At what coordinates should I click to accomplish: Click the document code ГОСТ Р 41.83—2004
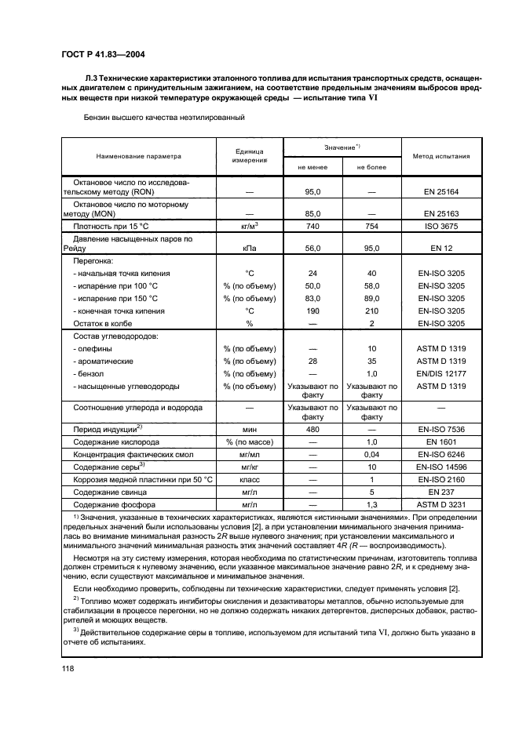tap(101, 54)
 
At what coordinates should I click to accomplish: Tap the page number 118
tap(68, 668)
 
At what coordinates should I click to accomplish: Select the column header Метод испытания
tap(441, 156)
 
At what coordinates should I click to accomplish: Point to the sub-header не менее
tap(312, 167)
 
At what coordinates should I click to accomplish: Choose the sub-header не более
tap(371, 167)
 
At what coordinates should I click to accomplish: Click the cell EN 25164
tap(441, 191)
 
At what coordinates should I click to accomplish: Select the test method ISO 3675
tap(441, 226)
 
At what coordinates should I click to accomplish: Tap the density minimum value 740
tap(312, 226)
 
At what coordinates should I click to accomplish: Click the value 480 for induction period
tap(312, 430)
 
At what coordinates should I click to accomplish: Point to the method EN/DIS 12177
tap(441, 374)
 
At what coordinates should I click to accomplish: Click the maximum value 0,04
tap(371, 455)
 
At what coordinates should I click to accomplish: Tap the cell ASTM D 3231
tap(441, 505)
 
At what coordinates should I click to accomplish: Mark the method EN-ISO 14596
tap(441, 467)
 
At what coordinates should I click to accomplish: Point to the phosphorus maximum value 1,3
tap(371, 505)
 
